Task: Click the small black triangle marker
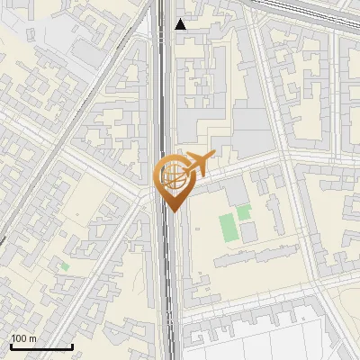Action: tap(181, 24)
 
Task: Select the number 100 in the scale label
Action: tap(19, 338)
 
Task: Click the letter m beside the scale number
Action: tap(32, 338)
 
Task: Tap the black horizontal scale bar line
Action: tap(40, 346)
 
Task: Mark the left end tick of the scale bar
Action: tap(11, 345)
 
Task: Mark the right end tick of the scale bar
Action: tap(72, 345)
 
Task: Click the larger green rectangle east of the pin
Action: tap(229, 229)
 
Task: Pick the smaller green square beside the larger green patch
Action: tap(244, 213)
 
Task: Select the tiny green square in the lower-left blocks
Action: tap(63, 265)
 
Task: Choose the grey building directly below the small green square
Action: tap(248, 233)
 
